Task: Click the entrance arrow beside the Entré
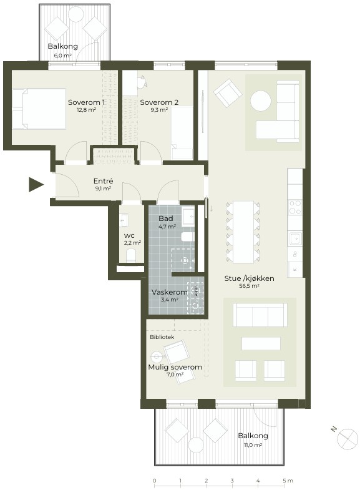click(36, 184)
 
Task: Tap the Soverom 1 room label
click(87, 102)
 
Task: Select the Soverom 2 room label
click(159, 102)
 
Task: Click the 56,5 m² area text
click(250, 286)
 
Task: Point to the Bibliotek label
click(162, 337)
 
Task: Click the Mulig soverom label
click(175, 367)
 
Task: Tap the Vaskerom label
click(170, 292)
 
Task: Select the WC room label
click(129, 236)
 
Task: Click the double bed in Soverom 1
click(39, 109)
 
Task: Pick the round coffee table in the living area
click(261, 101)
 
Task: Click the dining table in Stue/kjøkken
click(243, 232)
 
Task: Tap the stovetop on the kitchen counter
click(295, 207)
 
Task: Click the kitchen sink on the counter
click(295, 238)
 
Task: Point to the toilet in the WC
click(130, 255)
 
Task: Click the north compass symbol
click(347, 438)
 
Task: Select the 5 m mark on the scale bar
click(284, 481)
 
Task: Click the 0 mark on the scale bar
click(154, 481)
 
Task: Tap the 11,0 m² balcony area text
click(253, 445)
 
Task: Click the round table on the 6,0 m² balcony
click(75, 13)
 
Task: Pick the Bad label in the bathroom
click(165, 218)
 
